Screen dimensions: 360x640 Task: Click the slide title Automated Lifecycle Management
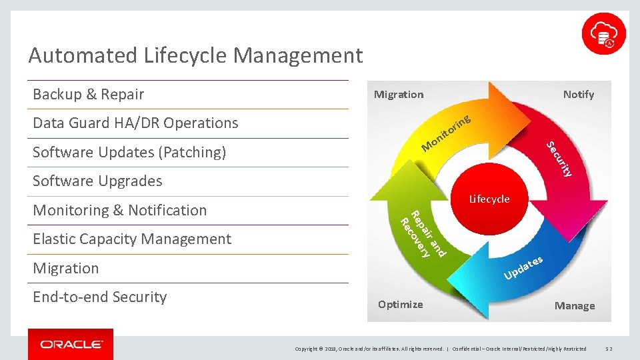pyautogui.click(x=195, y=55)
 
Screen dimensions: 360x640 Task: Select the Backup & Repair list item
pyautogui.click(x=89, y=95)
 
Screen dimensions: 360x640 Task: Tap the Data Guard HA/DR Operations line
pyautogui.click(x=135, y=123)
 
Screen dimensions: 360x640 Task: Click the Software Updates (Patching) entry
pyautogui.click(x=129, y=152)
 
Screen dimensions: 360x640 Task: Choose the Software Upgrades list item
pyautogui.click(x=97, y=181)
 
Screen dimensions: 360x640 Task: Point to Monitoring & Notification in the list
pyautogui.click(x=120, y=210)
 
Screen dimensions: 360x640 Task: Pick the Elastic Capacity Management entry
pyautogui.click(x=132, y=239)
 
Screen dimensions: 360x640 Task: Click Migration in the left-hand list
pyautogui.click(x=66, y=268)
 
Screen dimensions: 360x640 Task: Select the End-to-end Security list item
pyautogui.click(x=100, y=297)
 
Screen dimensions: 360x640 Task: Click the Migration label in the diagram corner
pyautogui.click(x=399, y=95)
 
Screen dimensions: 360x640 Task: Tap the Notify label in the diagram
pyautogui.click(x=578, y=95)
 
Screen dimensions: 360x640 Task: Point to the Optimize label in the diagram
pyautogui.click(x=400, y=305)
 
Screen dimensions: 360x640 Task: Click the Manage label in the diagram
pyautogui.click(x=575, y=306)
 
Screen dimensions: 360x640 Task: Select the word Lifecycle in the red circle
pyautogui.click(x=489, y=199)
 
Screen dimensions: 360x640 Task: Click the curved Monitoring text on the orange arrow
pyautogui.click(x=447, y=133)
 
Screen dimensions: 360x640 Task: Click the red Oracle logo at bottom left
pyautogui.click(x=71, y=344)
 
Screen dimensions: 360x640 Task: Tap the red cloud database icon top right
pyautogui.click(x=603, y=33)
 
